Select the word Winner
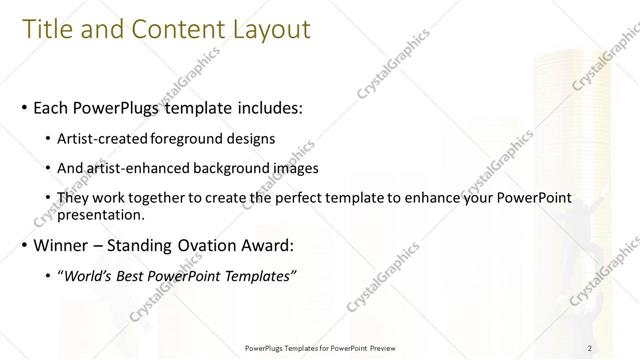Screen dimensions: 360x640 point(62,244)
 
